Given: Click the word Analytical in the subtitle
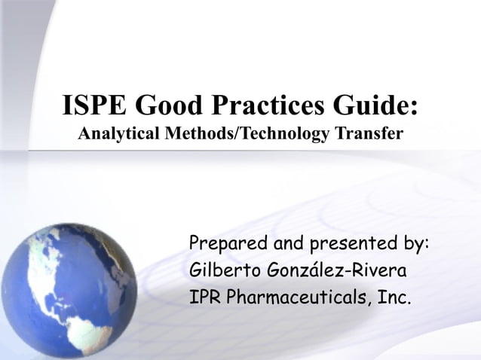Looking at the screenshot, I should point(116,136).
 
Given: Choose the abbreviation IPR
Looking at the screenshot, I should point(204,295).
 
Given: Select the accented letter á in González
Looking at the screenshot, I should point(317,270).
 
